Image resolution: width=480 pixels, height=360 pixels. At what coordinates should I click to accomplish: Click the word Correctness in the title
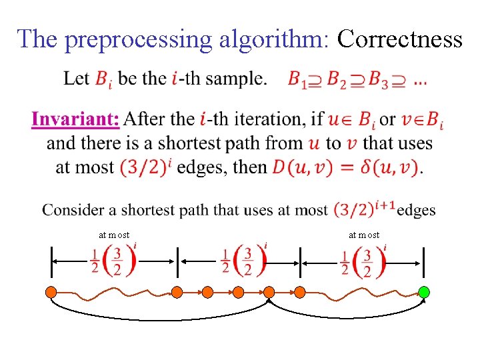(399, 39)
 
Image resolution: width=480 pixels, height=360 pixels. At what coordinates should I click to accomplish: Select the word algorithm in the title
(273, 39)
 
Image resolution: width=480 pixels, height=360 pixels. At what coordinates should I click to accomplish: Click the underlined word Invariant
(75, 120)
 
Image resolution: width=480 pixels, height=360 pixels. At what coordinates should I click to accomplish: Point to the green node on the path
(423, 291)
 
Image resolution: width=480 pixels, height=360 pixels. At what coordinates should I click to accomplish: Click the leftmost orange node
(52, 291)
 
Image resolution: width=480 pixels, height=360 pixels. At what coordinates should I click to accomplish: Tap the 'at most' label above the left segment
(114, 235)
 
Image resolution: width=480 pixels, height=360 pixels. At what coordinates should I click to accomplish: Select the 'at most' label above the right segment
(364, 235)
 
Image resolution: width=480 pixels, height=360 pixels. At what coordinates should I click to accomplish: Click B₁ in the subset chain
(297, 79)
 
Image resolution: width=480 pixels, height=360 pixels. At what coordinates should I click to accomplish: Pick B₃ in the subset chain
(379, 79)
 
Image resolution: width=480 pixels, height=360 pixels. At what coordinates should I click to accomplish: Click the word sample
(237, 79)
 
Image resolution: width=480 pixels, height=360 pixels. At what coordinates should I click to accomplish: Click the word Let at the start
(76, 79)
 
